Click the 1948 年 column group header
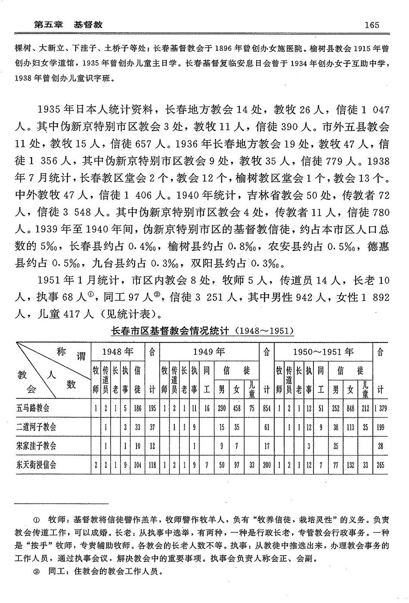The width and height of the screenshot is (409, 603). point(118,351)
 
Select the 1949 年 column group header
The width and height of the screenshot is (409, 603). point(209,351)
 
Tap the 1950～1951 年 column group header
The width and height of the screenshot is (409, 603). point(323,351)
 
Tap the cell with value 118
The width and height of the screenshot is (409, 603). point(152,465)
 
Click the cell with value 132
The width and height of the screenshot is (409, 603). point(350,465)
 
